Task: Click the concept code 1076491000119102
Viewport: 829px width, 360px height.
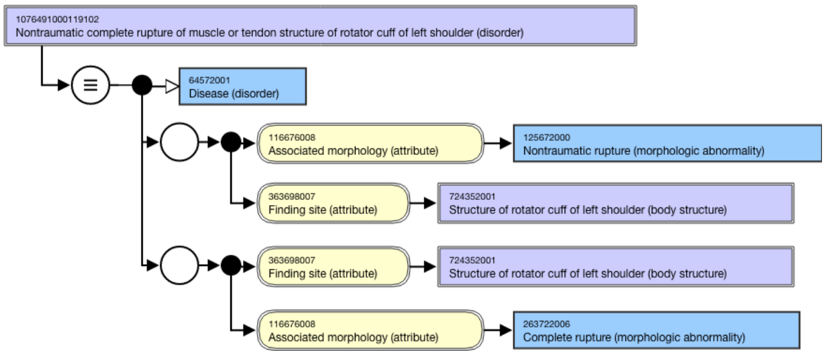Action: tap(57, 19)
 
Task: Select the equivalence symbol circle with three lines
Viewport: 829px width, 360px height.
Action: tap(90, 85)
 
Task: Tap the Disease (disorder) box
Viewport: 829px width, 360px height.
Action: tap(243, 86)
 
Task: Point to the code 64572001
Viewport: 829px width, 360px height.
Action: tap(209, 80)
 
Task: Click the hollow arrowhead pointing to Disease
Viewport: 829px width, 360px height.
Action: tap(172, 86)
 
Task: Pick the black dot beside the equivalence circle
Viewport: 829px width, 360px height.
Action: tap(142, 85)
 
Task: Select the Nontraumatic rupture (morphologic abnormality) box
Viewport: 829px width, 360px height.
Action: tap(667, 144)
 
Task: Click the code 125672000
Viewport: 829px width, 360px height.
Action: tap(547, 138)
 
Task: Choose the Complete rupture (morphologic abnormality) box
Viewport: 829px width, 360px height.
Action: tap(657, 330)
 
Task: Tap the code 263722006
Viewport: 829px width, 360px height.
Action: tap(547, 324)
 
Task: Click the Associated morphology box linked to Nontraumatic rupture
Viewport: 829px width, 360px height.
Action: tap(371, 144)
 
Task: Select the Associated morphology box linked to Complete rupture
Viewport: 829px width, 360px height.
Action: tap(371, 330)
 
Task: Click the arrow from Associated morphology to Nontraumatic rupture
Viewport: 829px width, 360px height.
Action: tap(498, 143)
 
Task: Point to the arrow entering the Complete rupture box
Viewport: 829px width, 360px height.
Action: tap(498, 330)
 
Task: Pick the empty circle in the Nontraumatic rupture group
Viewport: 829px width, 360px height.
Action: tap(179, 142)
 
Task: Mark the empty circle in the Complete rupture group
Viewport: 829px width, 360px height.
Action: tap(179, 265)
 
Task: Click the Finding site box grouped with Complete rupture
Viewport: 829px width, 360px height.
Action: tap(333, 266)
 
